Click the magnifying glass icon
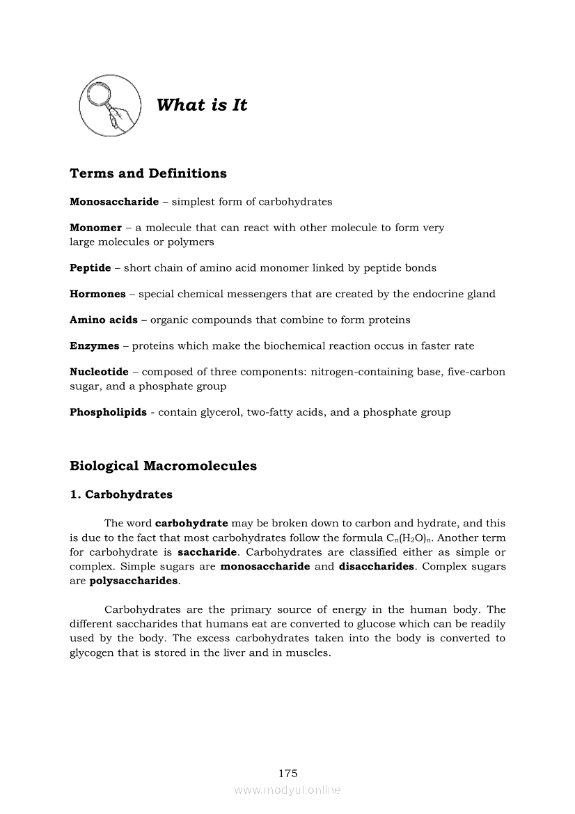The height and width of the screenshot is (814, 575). [109, 106]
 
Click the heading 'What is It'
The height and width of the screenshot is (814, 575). [202, 105]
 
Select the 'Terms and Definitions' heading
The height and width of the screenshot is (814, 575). [148, 173]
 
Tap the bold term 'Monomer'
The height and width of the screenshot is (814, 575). [95, 228]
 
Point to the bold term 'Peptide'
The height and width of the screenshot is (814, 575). [90, 267]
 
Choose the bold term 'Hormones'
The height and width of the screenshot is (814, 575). [97, 294]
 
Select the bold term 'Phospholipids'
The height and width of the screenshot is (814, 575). [108, 412]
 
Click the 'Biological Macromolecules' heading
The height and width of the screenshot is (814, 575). [163, 466]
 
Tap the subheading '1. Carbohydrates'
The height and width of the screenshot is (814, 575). [121, 494]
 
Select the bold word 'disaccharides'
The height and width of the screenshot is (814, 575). [377, 566]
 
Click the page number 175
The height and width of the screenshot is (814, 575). [287, 773]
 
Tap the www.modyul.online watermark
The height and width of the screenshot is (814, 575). [287, 790]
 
